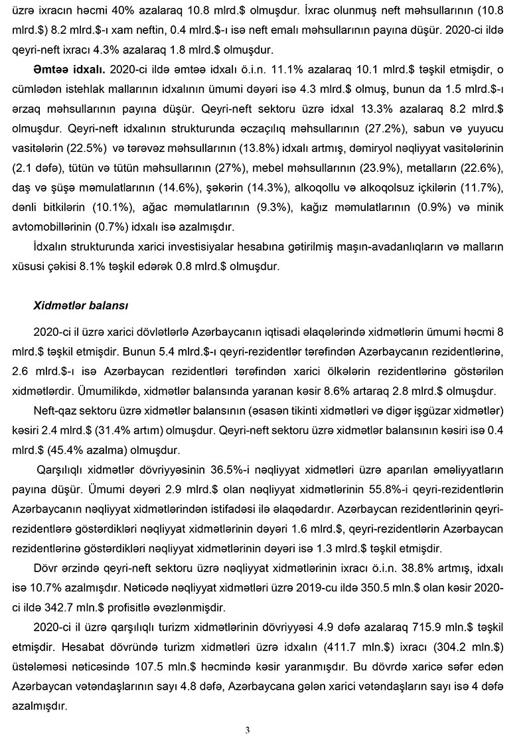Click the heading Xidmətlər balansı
click(80, 306)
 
